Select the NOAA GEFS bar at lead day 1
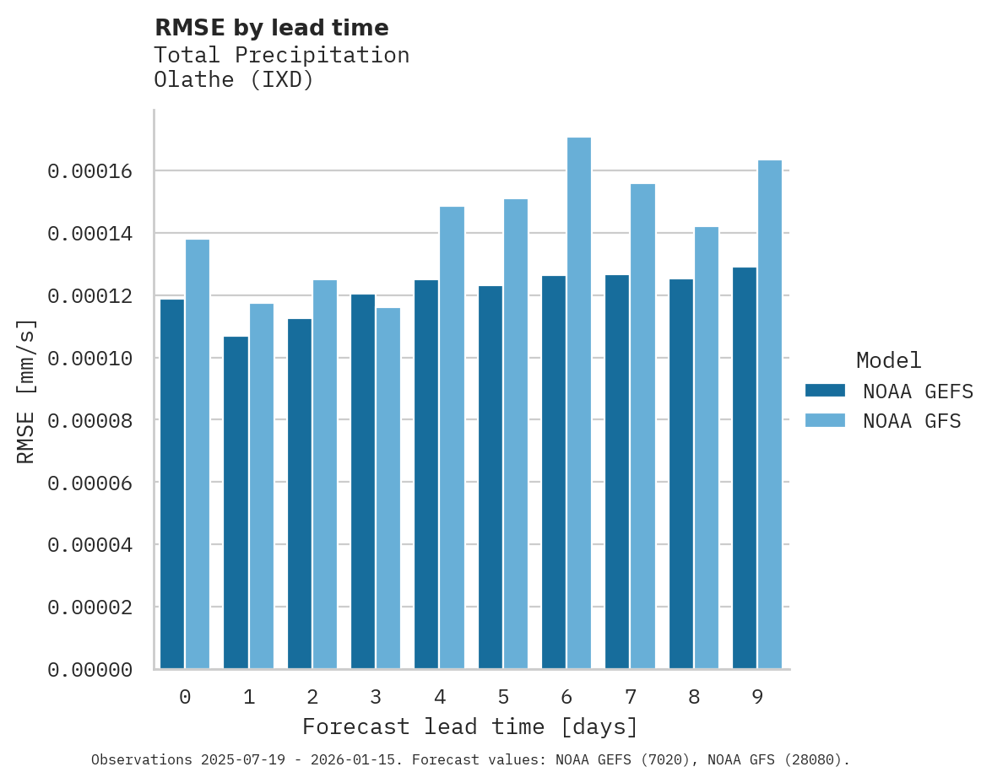pyautogui.click(x=236, y=503)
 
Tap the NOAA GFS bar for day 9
pyautogui.click(x=770, y=414)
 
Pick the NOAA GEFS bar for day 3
pyautogui.click(x=363, y=482)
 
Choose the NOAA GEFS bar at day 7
pyautogui.click(x=617, y=472)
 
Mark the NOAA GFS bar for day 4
pyautogui.click(x=452, y=438)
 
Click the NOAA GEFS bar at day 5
pyautogui.click(x=490, y=478)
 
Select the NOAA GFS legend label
pyautogui.click(x=912, y=421)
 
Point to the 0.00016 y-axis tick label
pyautogui.click(x=89, y=171)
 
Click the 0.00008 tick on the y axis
pyautogui.click(x=89, y=420)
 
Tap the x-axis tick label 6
pyautogui.click(x=566, y=697)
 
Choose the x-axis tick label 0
pyautogui.click(x=185, y=697)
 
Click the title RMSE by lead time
pyautogui.click(x=271, y=28)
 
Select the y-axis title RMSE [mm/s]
pyautogui.click(x=26, y=391)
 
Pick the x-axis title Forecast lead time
pyautogui.click(x=470, y=726)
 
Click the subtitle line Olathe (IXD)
pyautogui.click(x=234, y=81)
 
